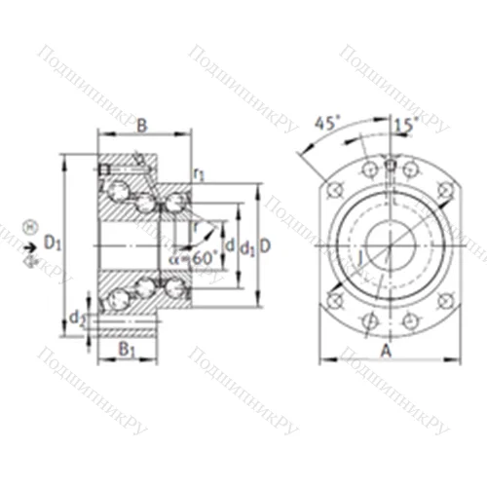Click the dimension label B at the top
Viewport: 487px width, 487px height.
142,124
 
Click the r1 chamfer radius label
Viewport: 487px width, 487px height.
199,175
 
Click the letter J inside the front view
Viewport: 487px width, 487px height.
362,257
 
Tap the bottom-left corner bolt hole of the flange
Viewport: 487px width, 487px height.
336,297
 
